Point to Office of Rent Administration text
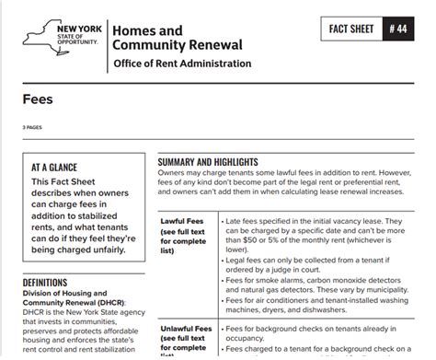pos(181,64)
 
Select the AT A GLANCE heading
pos(59,168)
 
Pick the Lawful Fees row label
pos(181,222)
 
